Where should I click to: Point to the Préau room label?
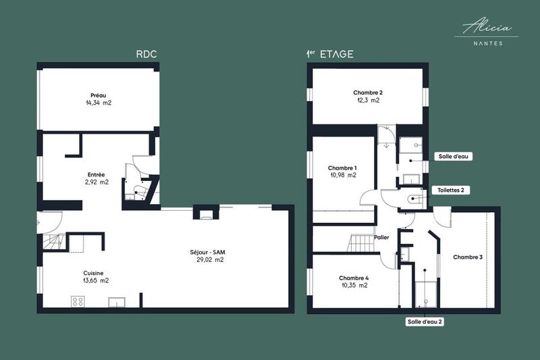[x=99, y=95]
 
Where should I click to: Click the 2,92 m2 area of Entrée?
[x=97, y=182]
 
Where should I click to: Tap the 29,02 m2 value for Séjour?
[x=207, y=259]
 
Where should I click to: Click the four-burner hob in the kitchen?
[x=78, y=301]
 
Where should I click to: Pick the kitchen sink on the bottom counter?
[x=117, y=302]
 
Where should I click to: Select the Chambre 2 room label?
[x=368, y=93]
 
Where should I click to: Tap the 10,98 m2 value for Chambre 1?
[x=343, y=175]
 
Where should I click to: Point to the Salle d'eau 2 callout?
[x=424, y=322]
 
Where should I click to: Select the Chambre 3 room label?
[x=468, y=257]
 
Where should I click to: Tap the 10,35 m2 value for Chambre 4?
[x=354, y=285]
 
